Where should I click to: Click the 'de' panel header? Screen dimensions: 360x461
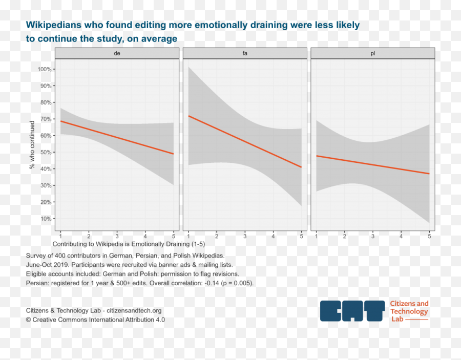point(117,53)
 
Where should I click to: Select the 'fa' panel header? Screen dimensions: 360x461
point(245,53)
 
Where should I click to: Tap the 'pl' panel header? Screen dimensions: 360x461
point(372,53)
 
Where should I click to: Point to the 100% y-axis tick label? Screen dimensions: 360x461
point(44,69)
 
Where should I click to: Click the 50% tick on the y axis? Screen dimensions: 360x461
point(45,153)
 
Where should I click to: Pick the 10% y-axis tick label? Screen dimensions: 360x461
point(45,219)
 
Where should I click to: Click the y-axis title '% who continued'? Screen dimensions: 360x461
point(32,145)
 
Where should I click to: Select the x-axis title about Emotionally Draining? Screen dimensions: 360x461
point(128,244)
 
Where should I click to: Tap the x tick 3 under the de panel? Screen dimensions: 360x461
point(117,236)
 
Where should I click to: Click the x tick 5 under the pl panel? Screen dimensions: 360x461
point(429,236)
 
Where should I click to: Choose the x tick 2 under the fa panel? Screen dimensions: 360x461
point(217,236)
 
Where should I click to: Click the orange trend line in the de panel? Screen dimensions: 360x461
point(117,137)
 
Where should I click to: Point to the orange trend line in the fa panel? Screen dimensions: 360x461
point(245,141)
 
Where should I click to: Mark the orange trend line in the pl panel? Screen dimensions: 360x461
point(372,164)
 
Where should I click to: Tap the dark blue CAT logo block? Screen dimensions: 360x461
point(352,311)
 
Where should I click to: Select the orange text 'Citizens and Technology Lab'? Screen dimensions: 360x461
point(409,311)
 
